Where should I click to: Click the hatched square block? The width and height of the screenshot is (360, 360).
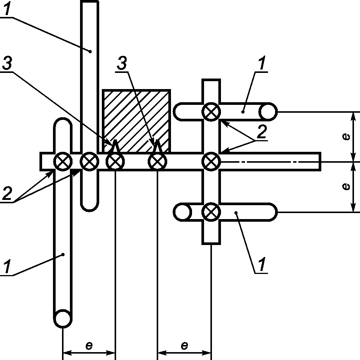pos(136,121)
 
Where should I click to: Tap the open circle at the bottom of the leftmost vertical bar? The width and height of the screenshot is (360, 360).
pos(62,318)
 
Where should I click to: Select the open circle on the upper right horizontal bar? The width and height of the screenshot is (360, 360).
pos(268,112)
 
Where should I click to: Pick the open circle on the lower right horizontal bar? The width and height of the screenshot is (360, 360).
pos(182,212)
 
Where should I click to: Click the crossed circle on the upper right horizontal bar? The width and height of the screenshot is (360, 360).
pos(211,112)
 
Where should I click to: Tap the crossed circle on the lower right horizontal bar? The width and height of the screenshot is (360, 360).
pos(211,212)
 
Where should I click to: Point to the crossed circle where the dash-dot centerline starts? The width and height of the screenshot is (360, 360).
pos(211,162)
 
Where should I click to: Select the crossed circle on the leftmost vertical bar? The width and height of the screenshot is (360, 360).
pos(63,162)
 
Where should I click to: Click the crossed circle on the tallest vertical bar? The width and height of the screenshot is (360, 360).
pos(89,162)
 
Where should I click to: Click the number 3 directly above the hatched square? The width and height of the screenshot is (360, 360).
pos(122,63)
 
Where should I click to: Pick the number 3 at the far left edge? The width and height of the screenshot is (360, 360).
pos(7,63)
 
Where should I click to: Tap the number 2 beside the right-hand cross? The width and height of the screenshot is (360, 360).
pos(262,132)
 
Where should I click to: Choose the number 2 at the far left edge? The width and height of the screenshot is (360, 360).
pos(7,193)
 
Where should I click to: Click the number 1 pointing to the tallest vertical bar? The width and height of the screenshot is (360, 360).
pos(8,9)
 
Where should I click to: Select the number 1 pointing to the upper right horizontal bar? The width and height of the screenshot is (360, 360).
pos(262,63)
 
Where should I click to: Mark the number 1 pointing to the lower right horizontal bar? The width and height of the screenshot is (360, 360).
pos(262,264)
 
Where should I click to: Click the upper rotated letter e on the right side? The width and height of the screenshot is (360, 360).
pos(346,137)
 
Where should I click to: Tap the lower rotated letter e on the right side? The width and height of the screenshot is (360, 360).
pos(346,186)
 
